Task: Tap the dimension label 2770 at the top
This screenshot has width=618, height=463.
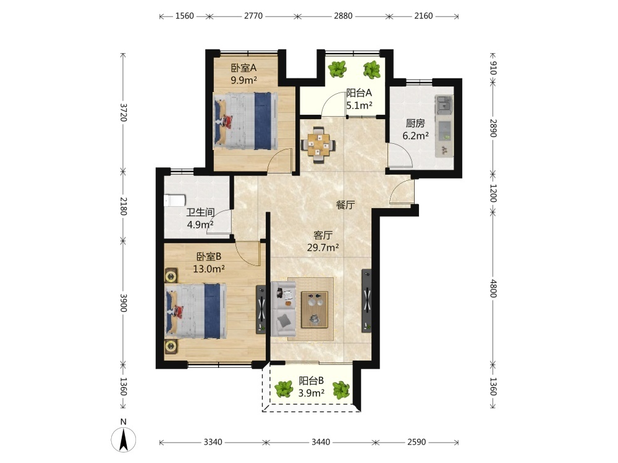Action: pos(253,16)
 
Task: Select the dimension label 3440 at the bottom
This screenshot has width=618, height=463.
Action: pos(321,442)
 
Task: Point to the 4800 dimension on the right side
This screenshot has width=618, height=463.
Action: pos(493,288)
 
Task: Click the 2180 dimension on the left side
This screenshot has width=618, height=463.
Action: pos(123,206)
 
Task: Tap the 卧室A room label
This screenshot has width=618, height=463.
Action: pos(243,68)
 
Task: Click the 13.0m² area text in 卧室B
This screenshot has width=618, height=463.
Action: pos(209,269)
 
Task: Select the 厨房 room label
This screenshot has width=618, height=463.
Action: pos(415,123)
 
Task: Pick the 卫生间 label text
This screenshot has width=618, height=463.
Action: pos(200,212)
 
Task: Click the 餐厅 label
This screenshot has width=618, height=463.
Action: pos(345,205)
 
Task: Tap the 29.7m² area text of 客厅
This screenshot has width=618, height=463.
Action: pos(323,248)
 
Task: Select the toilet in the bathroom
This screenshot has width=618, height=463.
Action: pos(174,200)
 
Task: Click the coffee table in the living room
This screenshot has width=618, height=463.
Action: pos(315,309)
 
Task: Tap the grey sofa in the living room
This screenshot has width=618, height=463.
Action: pos(283,309)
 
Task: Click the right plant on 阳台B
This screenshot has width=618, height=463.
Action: pos(341,390)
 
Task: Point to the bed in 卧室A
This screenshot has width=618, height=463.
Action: pos(245,121)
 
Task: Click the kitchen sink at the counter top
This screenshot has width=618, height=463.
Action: pos(443,105)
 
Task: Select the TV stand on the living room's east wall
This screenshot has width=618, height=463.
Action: pos(366,301)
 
